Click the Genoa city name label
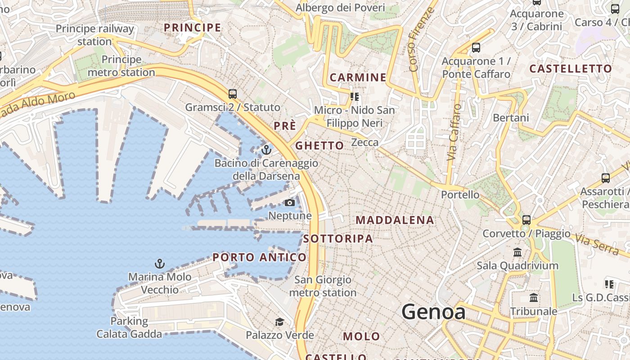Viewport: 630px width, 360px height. (433, 311)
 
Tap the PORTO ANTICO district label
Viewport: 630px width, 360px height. (260, 257)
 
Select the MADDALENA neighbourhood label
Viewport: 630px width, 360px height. (395, 220)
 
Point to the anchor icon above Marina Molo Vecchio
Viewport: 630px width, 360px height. (159, 264)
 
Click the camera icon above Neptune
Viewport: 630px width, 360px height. (290, 203)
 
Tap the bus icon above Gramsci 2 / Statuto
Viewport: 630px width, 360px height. (232, 94)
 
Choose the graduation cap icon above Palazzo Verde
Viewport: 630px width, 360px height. (279, 322)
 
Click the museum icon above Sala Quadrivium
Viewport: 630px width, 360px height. (517, 252)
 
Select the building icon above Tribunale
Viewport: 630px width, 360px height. (534, 298)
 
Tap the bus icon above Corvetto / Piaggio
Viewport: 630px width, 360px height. (526, 220)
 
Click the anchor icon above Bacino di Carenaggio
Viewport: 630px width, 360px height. (266, 149)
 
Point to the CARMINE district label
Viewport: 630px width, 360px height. (358, 77)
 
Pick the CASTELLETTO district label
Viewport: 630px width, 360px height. (571, 69)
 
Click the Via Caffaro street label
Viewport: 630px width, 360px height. (454, 132)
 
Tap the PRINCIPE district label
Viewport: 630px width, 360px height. (192, 27)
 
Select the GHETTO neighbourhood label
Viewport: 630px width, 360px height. (319, 145)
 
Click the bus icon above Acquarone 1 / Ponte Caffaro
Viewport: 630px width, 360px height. (476, 48)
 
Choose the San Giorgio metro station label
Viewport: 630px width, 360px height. (323, 286)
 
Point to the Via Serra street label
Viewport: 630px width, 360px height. (597, 242)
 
